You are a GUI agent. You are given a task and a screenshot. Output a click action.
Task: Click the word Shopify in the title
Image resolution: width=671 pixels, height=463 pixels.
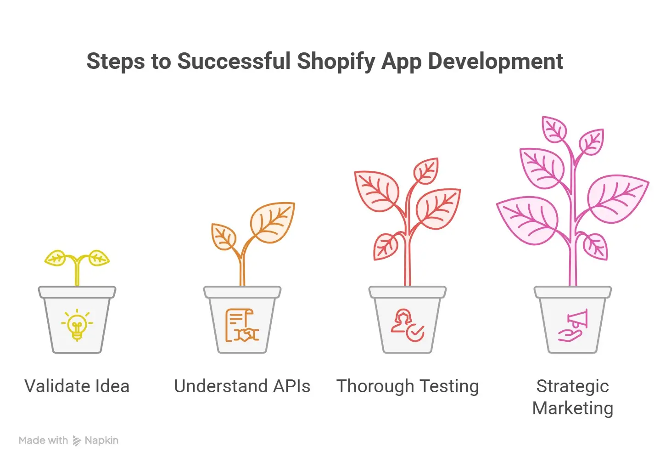pos(336,62)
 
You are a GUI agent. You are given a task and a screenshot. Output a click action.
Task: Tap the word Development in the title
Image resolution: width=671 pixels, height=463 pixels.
pos(495,62)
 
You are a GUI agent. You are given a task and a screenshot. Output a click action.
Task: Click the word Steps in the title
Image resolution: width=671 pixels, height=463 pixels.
pos(115,62)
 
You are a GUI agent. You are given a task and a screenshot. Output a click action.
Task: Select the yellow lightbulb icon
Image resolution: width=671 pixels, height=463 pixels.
pos(77,325)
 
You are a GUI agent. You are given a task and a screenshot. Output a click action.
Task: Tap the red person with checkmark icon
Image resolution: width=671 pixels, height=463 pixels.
pos(407,325)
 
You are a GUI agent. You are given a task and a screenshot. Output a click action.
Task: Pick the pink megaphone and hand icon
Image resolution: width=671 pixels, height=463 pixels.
pos(573,325)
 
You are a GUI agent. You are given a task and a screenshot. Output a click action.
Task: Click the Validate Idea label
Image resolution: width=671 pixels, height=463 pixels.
pos(77,386)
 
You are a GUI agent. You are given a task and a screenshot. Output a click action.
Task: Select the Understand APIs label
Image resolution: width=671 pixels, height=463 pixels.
pos(242,386)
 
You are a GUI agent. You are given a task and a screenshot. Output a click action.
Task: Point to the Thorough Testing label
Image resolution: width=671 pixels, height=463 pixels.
pos(408,386)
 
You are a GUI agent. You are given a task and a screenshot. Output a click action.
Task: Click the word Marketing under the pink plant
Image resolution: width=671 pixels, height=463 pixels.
pos(572,408)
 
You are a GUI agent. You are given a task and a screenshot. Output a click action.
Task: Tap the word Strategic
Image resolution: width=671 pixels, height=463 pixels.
pos(572,386)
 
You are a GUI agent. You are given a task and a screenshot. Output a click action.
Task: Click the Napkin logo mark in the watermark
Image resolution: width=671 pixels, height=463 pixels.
pos(77,441)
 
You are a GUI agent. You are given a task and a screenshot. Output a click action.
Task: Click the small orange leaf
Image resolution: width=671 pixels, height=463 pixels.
pos(224,237)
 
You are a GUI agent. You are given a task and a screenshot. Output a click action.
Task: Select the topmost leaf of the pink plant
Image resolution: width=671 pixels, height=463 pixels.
pos(554,129)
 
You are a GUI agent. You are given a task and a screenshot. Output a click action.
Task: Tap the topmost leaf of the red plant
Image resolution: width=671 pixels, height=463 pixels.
pos(426,171)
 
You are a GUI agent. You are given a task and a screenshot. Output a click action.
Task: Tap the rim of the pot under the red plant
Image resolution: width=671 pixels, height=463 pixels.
pos(408,292)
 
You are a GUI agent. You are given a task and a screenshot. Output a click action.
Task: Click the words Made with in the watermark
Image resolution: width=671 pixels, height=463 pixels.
pos(43,440)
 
